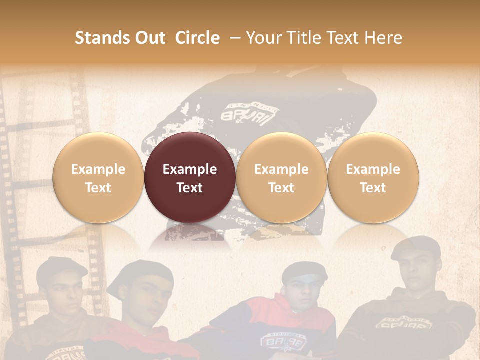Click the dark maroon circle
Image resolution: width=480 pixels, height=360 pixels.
189,177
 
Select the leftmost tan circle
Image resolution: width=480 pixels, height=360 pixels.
98,177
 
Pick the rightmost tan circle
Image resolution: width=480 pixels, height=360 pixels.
373,177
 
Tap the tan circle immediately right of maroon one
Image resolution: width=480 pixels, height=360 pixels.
281,177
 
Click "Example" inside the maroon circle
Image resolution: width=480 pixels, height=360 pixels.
190,169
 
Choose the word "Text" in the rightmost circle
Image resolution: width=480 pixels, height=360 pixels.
373,188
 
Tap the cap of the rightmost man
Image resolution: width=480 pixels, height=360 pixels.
416,247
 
